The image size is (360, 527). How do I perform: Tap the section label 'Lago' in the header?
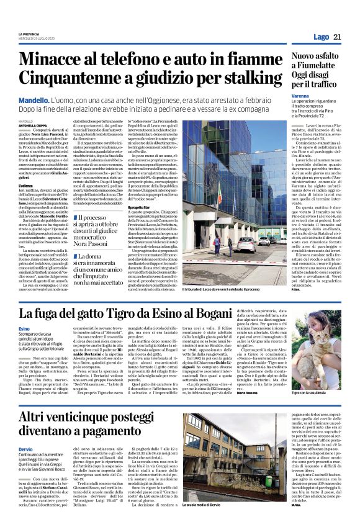pyautogui.click(x=320, y=37)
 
